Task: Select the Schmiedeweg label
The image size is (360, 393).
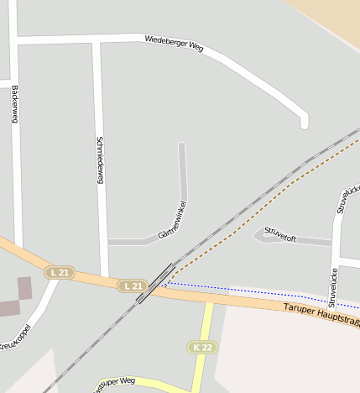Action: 99,160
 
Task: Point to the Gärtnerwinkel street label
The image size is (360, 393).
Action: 172,220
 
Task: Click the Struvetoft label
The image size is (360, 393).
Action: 280,233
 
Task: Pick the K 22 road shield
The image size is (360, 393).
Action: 201,348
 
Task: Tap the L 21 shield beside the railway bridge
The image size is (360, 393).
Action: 133,286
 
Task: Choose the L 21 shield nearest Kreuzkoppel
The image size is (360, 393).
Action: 60,272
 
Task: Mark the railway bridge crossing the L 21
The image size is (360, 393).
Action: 155,283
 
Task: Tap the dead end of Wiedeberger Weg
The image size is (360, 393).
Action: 304,123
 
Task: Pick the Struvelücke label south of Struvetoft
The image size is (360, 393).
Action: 333,286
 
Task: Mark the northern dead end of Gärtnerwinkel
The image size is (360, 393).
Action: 181,147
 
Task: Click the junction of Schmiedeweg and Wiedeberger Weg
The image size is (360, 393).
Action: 97,40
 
